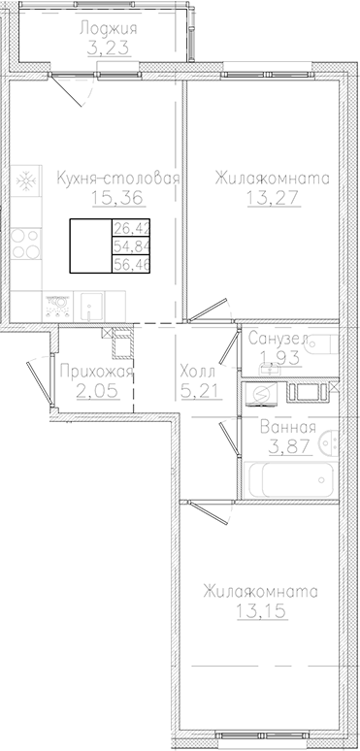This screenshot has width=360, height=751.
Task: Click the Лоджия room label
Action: click(x=108, y=29)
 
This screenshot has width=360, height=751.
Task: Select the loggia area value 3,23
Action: click(x=108, y=49)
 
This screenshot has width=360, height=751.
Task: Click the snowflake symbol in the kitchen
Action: click(x=26, y=181)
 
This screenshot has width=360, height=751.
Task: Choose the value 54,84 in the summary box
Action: click(x=125, y=247)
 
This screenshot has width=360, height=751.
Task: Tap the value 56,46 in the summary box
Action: click(x=125, y=264)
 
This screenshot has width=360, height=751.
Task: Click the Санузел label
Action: click(x=278, y=340)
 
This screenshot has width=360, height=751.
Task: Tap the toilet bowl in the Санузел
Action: click(x=324, y=346)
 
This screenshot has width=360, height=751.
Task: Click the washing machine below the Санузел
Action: click(x=259, y=394)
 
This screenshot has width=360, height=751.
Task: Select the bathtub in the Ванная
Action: click(x=292, y=479)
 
